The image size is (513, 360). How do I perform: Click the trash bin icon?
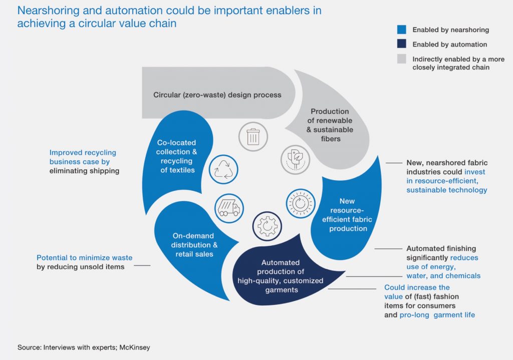252,137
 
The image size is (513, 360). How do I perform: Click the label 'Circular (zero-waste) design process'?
217,95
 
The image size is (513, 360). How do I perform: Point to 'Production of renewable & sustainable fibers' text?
330,125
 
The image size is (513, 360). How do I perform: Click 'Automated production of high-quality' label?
280,276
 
